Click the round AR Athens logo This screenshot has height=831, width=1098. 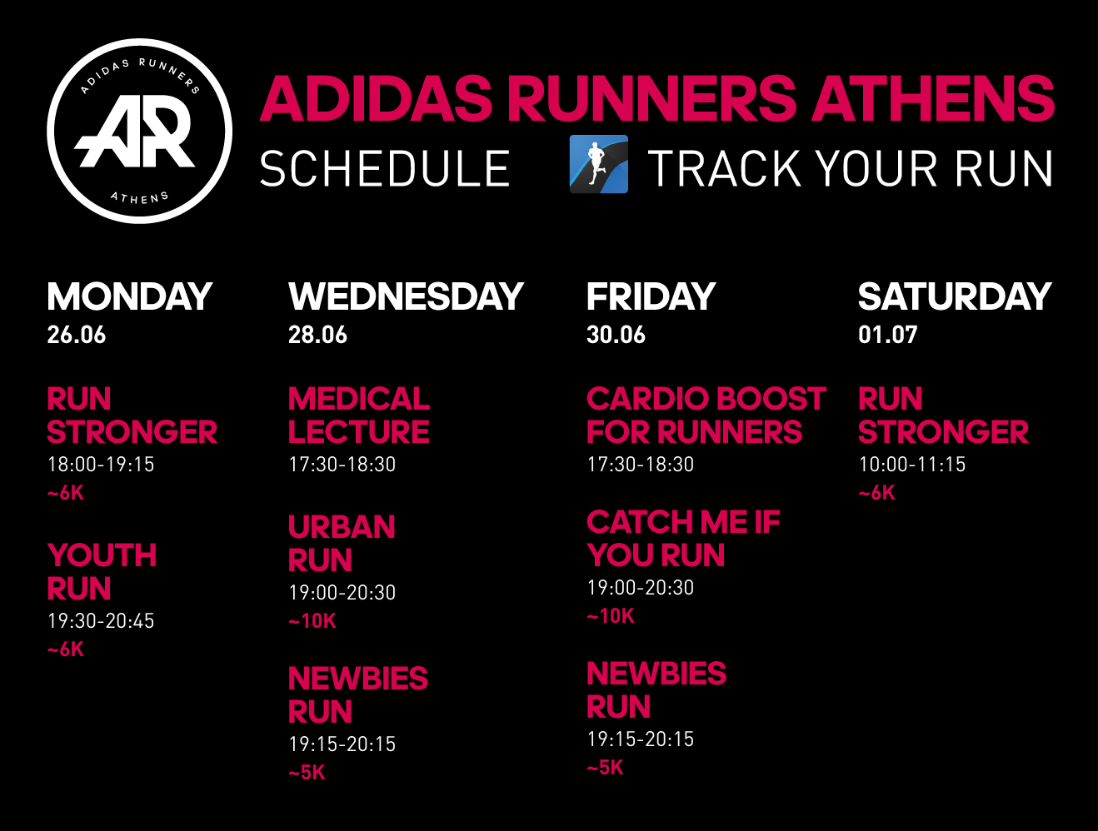coord(140,131)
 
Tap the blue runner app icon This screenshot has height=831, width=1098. coord(599,164)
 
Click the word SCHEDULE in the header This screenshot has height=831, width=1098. coord(384,168)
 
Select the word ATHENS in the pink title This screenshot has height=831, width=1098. coord(933,98)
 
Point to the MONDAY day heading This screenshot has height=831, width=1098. coord(130,296)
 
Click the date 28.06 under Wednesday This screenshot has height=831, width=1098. coord(317,335)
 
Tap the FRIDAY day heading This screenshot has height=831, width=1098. coord(651,296)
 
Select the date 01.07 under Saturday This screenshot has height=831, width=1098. coord(888,335)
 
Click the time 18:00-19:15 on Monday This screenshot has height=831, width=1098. coord(101,464)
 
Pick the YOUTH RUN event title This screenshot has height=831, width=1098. coord(102,571)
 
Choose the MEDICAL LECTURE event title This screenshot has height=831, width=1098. coord(359,415)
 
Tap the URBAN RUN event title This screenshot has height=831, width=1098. coord(342,543)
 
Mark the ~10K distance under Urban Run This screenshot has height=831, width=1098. coord(312,621)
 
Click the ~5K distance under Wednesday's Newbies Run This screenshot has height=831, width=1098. coord(307,773)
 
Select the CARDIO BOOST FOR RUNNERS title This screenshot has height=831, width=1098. coord(706,415)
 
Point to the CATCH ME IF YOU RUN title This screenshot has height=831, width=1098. coord(683,539)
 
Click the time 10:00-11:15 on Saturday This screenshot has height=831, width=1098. coord(912,464)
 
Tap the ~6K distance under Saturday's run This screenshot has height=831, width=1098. coord(877,493)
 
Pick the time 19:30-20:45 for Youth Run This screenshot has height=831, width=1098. coord(101,620)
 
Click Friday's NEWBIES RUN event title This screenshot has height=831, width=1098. coord(656,690)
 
